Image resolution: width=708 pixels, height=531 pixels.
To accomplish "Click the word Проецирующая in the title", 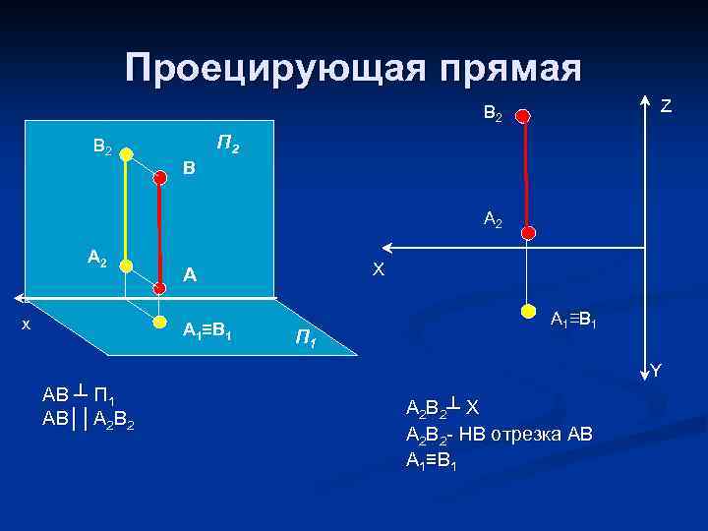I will coord(263,68).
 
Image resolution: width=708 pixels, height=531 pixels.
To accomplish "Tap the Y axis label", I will coord(656,371).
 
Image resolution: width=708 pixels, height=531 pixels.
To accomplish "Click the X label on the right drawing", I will coord(378,268).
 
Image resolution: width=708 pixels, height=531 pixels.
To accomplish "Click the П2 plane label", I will coord(227,147).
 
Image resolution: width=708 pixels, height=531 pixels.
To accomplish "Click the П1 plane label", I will coord(306,340).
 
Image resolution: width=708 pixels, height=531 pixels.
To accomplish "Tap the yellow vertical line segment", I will coord(127,208).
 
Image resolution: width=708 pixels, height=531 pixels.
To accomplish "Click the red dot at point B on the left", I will coord(161,177).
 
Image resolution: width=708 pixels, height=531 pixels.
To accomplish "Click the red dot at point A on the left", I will coord(161,288).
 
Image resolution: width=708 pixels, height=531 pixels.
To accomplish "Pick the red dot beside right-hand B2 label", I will coord(524,116).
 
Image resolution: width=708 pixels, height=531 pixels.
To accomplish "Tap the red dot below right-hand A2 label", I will coord(528,234).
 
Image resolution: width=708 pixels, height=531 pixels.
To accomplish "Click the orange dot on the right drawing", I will coord(528,314).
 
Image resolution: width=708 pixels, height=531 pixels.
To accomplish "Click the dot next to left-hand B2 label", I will coord(127,152).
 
